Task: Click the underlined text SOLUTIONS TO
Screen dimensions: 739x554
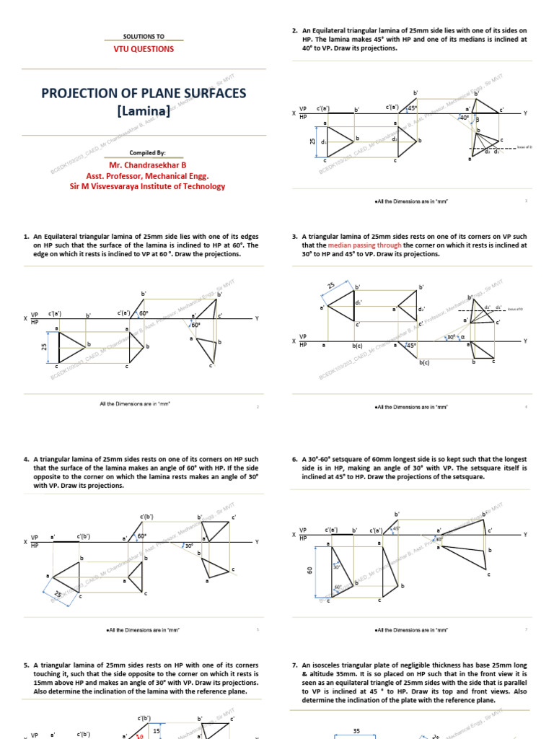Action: [x=144, y=35]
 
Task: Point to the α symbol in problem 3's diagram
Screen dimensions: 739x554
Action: [x=462, y=336]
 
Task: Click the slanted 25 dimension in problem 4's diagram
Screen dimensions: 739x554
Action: [x=57, y=594]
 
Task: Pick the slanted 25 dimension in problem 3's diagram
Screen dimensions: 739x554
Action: [x=331, y=287]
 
